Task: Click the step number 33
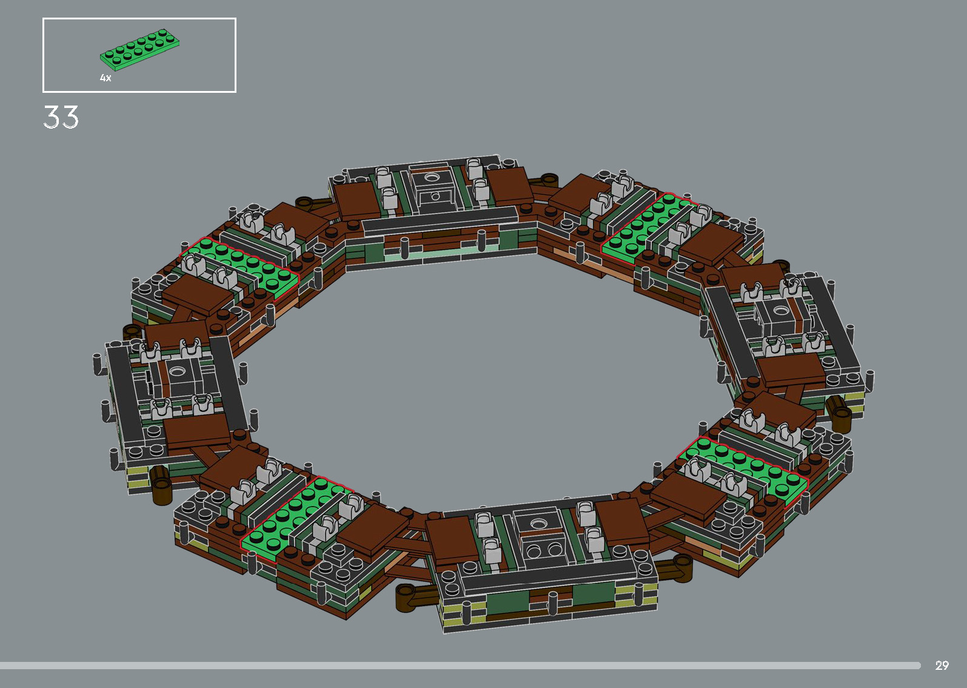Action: (61, 117)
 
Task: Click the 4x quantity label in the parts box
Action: (105, 78)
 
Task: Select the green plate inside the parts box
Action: (140, 49)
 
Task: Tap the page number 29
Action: (942, 666)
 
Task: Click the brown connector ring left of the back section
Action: (304, 202)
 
